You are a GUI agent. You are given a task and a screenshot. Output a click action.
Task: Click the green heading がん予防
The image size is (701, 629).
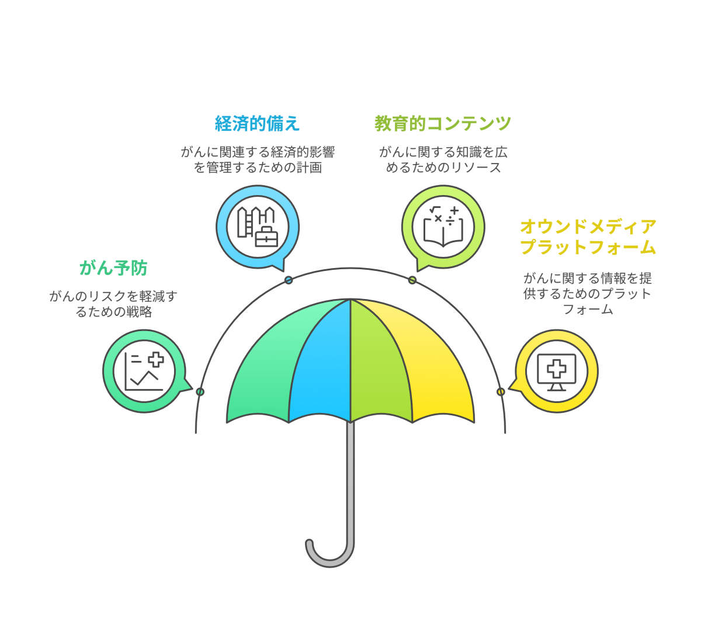point(113,268)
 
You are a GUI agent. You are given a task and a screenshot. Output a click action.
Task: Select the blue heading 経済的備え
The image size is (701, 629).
point(257,123)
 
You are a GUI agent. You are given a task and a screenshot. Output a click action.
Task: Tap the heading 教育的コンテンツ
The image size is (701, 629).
point(443,123)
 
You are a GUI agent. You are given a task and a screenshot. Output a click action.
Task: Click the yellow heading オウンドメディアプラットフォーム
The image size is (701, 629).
point(588,237)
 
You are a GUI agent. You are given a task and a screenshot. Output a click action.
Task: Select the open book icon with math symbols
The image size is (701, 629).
point(443,227)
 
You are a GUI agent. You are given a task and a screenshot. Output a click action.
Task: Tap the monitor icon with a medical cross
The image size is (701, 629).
point(556,372)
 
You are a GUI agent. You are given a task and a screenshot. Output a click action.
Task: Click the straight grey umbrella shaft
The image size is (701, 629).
point(350,481)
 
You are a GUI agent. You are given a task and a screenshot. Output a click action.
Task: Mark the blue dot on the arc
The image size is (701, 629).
point(289,280)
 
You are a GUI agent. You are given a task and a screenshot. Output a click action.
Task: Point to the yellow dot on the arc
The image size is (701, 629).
point(501,392)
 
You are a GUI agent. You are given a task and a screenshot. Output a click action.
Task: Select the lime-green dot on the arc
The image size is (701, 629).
point(412,280)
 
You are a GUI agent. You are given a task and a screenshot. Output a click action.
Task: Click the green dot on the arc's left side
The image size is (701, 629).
point(200,392)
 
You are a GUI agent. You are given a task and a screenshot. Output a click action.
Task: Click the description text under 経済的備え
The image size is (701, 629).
point(258,160)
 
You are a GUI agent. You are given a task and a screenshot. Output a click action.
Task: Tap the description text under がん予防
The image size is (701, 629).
point(113,304)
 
